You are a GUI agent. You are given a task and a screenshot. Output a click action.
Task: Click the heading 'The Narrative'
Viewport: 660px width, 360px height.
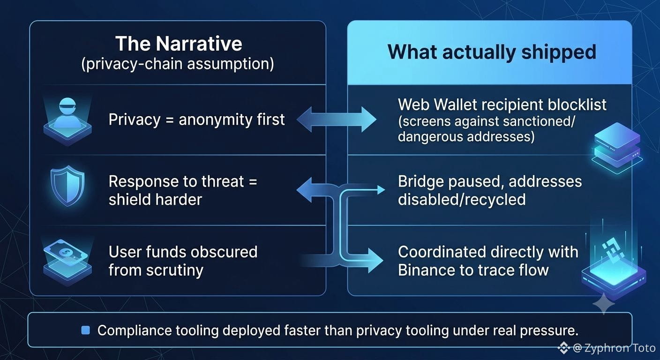coord(179,44)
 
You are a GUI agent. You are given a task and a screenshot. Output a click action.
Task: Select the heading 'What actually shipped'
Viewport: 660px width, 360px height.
coord(492,52)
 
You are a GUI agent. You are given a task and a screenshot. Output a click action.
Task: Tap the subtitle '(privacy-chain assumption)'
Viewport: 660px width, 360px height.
coord(177,64)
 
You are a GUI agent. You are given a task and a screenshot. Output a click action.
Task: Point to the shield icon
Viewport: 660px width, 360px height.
coord(67,186)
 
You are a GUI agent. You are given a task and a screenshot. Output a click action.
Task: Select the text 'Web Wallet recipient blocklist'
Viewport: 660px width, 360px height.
coord(502,105)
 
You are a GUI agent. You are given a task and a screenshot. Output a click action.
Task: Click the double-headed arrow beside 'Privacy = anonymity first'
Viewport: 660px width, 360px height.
coord(337,120)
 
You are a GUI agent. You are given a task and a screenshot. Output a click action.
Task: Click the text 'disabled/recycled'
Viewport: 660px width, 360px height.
coord(462,199)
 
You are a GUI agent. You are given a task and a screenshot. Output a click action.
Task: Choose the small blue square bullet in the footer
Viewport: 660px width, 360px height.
coord(85,330)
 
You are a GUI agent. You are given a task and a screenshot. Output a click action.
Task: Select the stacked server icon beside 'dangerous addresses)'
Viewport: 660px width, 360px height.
coord(617,148)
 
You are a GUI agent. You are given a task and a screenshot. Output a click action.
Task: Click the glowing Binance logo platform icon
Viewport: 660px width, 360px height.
coord(614,265)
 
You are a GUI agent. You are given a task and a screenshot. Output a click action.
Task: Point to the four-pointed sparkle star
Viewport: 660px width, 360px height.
coord(604,303)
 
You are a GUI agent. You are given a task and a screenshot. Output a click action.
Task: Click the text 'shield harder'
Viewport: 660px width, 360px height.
coord(155,199)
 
